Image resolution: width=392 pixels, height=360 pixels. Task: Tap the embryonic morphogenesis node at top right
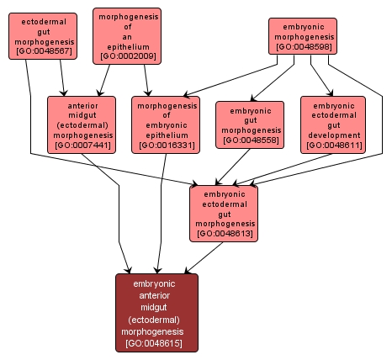303,36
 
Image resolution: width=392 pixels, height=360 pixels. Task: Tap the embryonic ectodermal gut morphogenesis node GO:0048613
225,213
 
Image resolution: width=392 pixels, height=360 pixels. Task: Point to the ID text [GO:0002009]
129,57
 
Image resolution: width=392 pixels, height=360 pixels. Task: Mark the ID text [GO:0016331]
166,146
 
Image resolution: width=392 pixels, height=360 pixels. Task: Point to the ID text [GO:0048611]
333,146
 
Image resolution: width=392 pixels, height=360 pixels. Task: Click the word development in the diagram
333,135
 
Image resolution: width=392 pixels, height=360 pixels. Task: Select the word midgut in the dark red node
157,308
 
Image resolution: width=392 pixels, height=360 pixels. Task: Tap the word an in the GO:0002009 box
129,37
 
